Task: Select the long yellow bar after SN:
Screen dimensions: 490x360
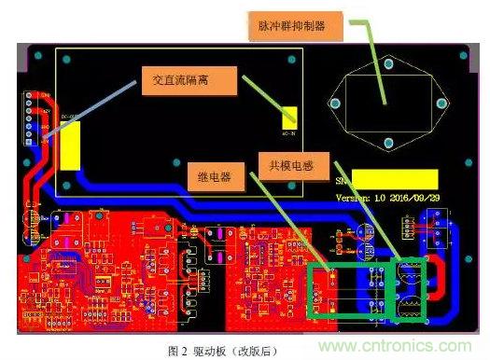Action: (x=396, y=179)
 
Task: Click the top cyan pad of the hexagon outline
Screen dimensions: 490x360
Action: (x=386, y=63)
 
